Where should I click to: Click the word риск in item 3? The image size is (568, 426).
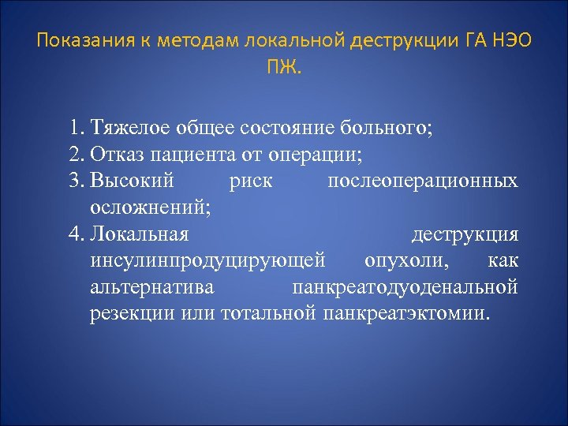click(250, 181)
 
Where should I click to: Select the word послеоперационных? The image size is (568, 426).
click(423, 181)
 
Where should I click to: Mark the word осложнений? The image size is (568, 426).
click(150, 207)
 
